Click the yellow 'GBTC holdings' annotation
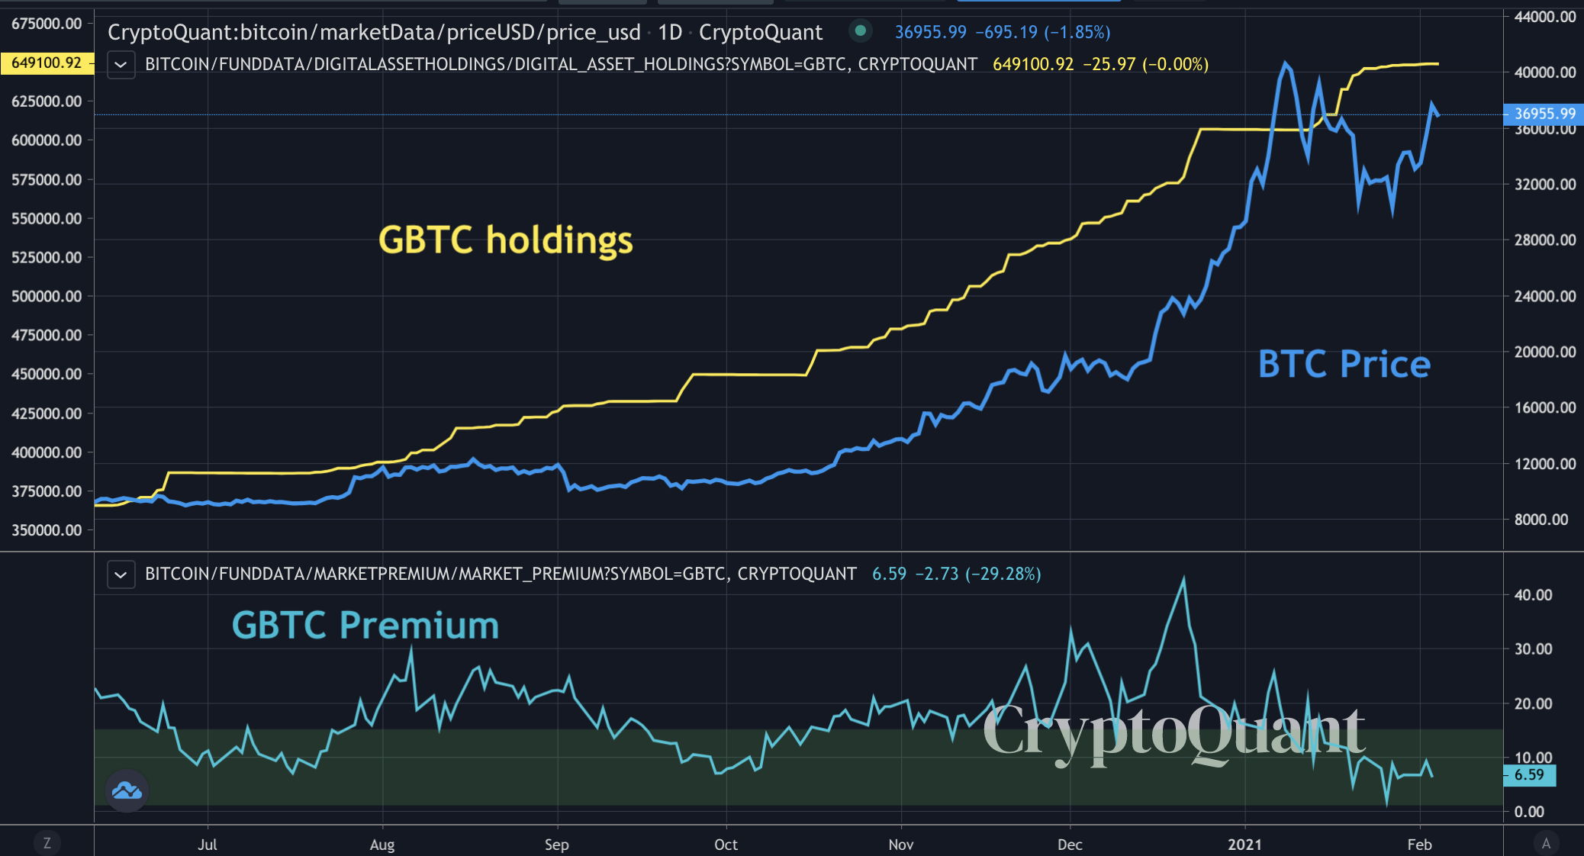click(505, 240)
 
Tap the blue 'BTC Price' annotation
click(1344, 364)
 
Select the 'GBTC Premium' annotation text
click(365, 626)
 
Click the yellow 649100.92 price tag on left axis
click(47, 63)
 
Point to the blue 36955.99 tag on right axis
click(1544, 114)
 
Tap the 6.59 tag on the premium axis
click(1530, 775)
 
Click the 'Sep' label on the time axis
click(557, 845)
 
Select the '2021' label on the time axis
click(1244, 845)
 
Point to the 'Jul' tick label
click(208, 845)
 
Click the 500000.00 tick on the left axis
click(47, 296)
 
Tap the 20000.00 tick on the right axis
click(1544, 352)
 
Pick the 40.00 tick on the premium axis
click(1533, 595)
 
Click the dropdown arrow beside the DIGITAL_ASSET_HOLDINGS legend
click(121, 65)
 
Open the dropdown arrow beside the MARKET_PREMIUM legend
click(121, 574)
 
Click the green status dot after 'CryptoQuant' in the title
click(860, 31)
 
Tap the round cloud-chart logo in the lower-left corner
click(127, 790)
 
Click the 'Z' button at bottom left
click(47, 843)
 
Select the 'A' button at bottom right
click(1546, 843)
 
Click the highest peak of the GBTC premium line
click(1183, 578)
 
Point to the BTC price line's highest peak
click(1286, 63)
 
